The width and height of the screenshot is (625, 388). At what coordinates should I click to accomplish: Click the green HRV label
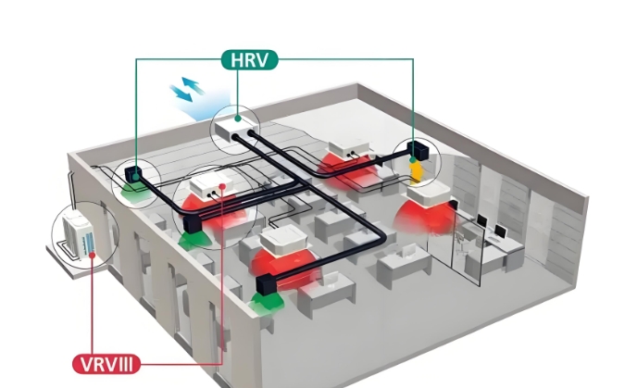pyautogui.click(x=249, y=60)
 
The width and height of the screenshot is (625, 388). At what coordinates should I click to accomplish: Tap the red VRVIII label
pyautogui.click(x=106, y=364)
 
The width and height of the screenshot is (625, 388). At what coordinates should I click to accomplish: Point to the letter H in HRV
pyautogui.click(x=237, y=60)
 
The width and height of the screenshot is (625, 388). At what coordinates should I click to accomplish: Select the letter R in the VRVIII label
pyautogui.click(x=100, y=365)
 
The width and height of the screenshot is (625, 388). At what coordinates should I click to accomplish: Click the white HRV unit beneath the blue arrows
pyautogui.click(x=235, y=127)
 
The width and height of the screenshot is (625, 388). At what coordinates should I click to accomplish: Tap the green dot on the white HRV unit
pyautogui.click(x=238, y=119)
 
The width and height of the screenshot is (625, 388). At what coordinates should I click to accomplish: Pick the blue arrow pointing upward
pyautogui.click(x=193, y=85)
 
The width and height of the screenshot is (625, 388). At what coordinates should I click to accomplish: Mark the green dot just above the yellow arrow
pyautogui.click(x=413, y=160)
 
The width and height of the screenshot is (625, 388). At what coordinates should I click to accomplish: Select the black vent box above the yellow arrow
pyautogui.click(x=418, y=150)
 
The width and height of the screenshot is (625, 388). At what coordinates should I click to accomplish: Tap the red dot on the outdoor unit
pyautogui.click(x=92, y=255)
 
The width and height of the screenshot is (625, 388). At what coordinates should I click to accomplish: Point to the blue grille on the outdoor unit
pyautogui.click(x=89, y=244)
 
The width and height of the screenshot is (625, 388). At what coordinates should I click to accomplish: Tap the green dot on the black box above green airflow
pyautogui.click(x=135, y=176)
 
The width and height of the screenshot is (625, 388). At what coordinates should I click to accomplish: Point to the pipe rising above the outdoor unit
pyautogui.click(x=71, y=190)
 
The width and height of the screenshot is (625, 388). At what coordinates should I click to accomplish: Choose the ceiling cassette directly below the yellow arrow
pyautogui.click(x=430, y=194)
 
